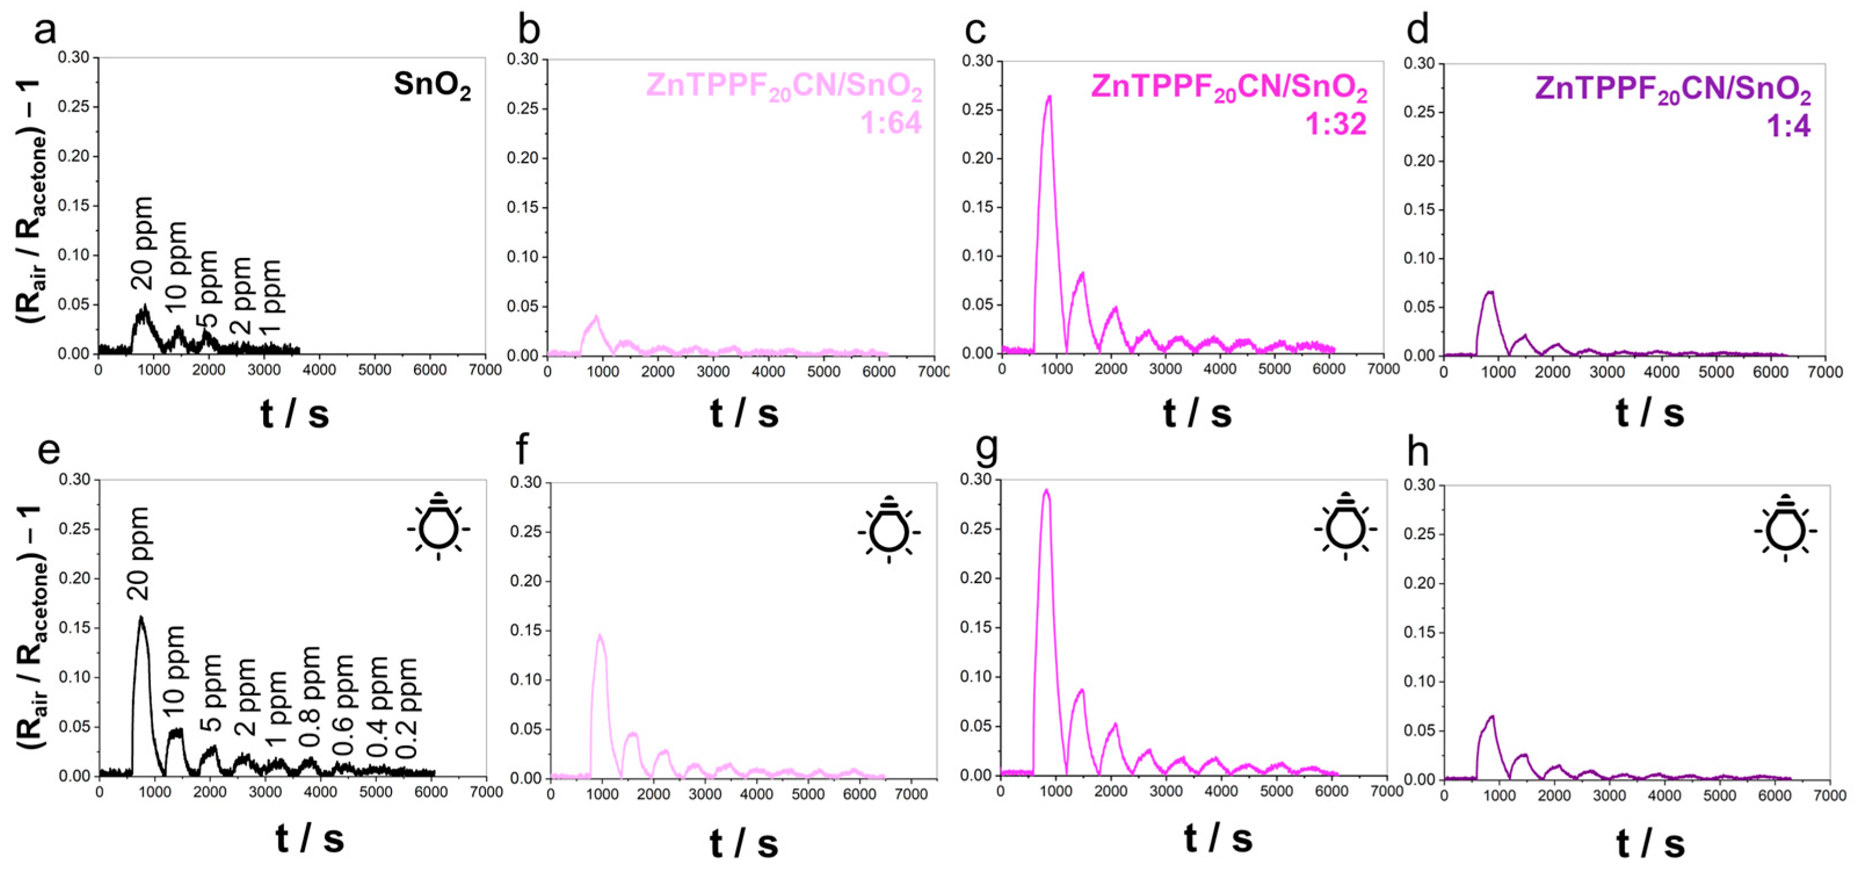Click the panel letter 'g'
[986, 449]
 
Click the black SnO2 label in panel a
[432, 86]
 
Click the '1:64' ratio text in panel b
[891, 123]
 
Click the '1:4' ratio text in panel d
[1788, 126]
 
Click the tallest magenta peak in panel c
[1049, 97]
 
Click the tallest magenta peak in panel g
[1045, 491]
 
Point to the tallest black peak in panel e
[141, 618]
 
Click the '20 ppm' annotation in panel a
[141, 243]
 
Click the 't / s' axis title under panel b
[744, 414]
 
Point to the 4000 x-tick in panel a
[319, 370]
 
